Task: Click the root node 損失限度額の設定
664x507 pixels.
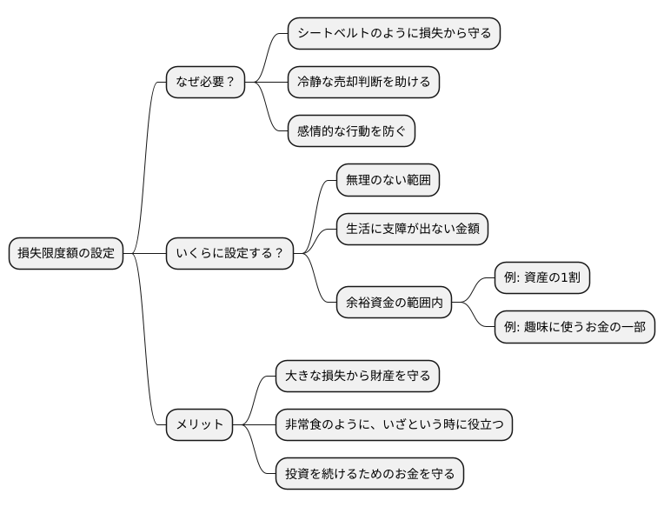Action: pyautogui.click(x=65, y=254)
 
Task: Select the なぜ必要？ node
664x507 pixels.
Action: pyautogui.click(x=205, y=83)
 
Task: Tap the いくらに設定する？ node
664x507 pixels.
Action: pyautogui.click(x=229, y=254)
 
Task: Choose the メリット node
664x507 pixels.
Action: pyautogui.click(x=199, y=425)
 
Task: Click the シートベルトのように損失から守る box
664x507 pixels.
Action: pyautogui.click(x=394, y=34)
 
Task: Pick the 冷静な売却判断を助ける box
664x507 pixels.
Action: pyautogui.click(x=363, y=83)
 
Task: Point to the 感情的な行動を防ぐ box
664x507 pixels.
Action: pyautogui.click(x=351, y=131)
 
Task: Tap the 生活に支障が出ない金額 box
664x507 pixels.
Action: pyautogui.click(x=412, y=230)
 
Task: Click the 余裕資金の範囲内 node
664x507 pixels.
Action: pyautogui.click(x=394, y=303)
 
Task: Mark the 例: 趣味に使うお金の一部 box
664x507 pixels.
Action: pyautogui.click(x=574, y=327)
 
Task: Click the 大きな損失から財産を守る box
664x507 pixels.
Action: pyautogui.click(x=357, y=377)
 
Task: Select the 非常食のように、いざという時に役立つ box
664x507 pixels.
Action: pyautogui.click(x=394, y=425)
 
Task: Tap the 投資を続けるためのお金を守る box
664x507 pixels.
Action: pyautogui.click(x=369, y=474)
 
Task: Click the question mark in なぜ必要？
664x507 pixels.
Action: pyautogui.click(x=230, y=83)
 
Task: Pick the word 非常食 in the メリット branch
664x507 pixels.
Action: pyautogui.click(x=303, y=425)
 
